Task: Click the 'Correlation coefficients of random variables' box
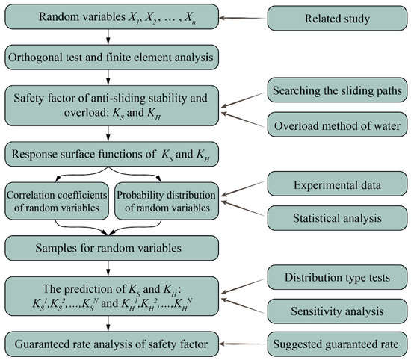[56, 200]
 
